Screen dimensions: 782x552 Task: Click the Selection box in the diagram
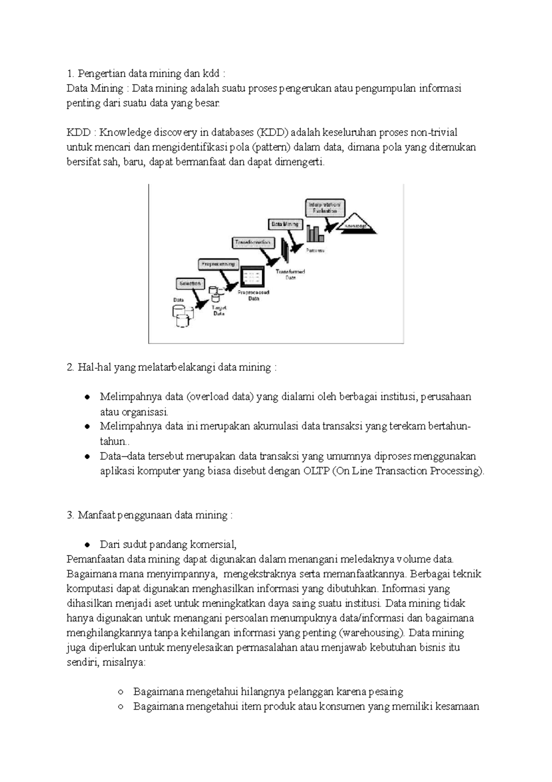click(x=189, y=284)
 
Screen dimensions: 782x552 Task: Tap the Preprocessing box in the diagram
click(x=218, y=264)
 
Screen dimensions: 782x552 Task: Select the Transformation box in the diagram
click(x=253, y=242)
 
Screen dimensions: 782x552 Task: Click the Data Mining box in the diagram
click(x=285, y=224)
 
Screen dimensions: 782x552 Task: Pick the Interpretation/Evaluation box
click(x=325, y=207)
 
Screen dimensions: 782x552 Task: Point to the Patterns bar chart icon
click(x=316, y=234)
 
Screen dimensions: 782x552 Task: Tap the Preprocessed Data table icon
click(x=253, y=277)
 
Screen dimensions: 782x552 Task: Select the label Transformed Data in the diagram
click(x=290, y=275)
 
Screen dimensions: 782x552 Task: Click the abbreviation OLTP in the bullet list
click(x=316, y=471)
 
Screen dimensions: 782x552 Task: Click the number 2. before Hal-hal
click(x=70, y=368)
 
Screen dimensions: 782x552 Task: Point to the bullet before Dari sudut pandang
click(x=87, y=545)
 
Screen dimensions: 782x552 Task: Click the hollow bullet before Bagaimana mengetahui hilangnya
click(x=121, y=692)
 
